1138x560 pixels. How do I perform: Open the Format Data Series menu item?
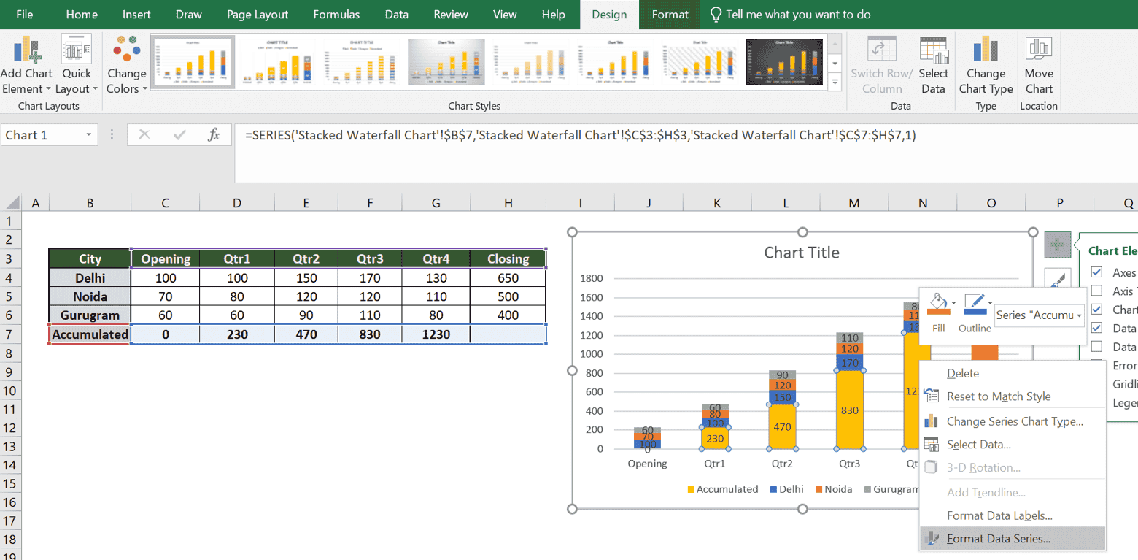[x=998, y=539]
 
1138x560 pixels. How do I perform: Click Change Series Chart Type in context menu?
[x=1014, y=421]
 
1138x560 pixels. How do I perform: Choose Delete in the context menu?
[x=962, y=373]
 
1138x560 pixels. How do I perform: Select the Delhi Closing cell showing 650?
[x=508, y=278]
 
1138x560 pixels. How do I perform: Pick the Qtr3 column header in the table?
[x=370, y=258]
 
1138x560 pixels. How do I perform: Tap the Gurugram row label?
[x=90, y=315]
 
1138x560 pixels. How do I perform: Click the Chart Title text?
[x=801, y=253]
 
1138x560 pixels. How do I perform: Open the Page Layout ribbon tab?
[x=258, y=15]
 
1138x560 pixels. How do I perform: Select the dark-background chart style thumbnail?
[x=784, y=62]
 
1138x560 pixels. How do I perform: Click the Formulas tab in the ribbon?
[x=336, y=15]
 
